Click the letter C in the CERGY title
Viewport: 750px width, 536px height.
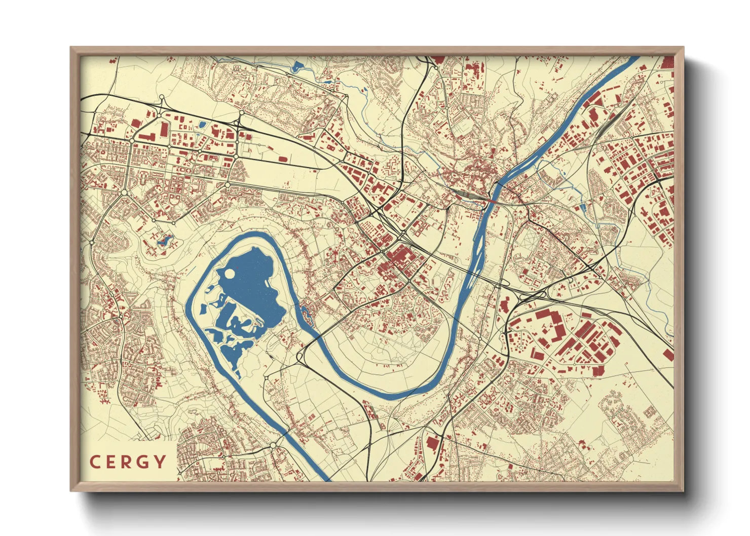95,462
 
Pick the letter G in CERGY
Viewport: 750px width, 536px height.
144,462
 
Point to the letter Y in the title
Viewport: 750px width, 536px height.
160,462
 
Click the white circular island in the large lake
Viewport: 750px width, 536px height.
229,274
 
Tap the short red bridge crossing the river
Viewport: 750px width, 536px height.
491,201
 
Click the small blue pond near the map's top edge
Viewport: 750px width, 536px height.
297,66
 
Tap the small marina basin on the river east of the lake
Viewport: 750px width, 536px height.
307,312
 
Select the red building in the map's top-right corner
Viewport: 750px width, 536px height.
667,62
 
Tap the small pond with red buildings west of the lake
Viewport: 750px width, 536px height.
164,240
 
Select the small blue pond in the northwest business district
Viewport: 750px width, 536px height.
203,124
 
